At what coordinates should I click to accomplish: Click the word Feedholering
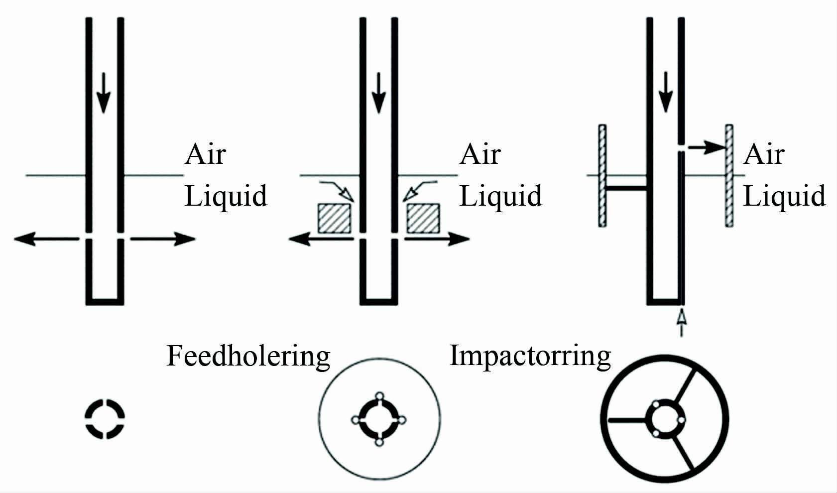(248, 357)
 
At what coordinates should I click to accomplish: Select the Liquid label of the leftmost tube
(226, 196)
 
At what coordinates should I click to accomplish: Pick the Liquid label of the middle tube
(500, 196)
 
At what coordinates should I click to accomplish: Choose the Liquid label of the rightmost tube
(784, 196)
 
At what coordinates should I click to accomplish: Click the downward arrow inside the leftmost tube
(103, 93)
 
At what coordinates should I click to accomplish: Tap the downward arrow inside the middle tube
(379, 93)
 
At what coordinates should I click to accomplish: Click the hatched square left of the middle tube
(334, 219)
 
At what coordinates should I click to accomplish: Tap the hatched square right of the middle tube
(423, 219)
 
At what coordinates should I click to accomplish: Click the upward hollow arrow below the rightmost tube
(682, 322)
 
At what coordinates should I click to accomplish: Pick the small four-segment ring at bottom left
(105, 419)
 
